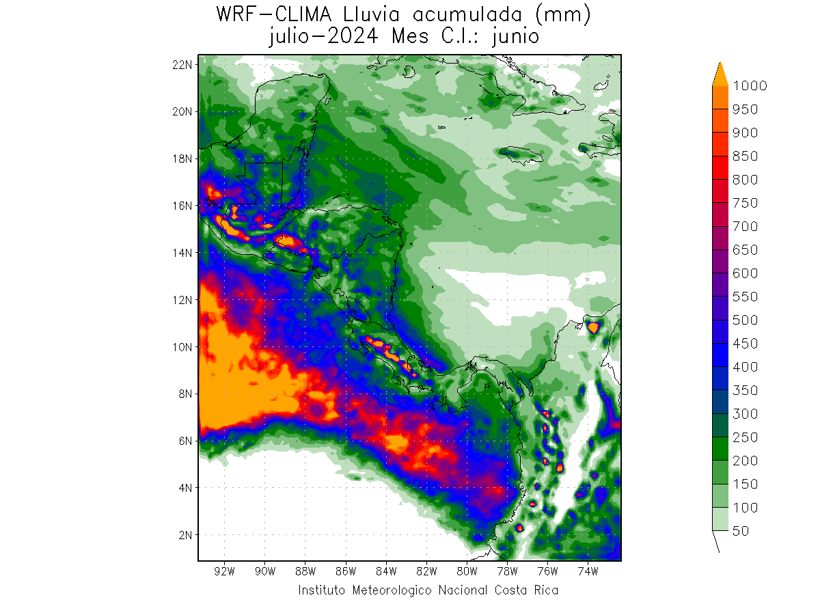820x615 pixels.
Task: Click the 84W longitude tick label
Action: (385, 571)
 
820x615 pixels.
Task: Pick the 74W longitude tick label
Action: (588, 571)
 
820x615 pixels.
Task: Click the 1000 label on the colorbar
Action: (749, 85)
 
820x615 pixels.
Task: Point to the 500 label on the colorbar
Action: (745, 320)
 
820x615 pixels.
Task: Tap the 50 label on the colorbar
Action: (740, 531)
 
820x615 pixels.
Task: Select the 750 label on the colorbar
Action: (745, 203)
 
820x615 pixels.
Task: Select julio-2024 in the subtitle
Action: (325, 37)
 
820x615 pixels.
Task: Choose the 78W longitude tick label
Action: (507, 571)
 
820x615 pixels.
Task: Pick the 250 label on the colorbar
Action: (745, 437)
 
